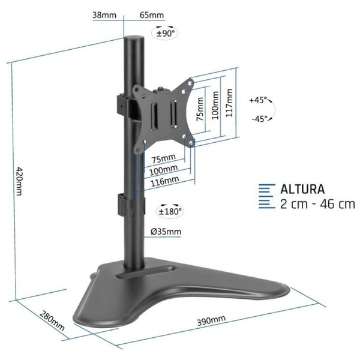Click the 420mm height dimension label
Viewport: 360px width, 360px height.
pyautogui.click(x=19, y=181)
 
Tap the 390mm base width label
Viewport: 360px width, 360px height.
pyautogui.click(x=211, y=320)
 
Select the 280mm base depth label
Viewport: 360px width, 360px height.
pyautogui.click(x=52, y=321)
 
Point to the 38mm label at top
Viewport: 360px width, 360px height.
pyautogui.click(x=104, y=15)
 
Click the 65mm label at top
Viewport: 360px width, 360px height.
pyautogui.click(x=152, y=15)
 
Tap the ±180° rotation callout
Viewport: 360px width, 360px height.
pyautogui.click(x=170, y=211)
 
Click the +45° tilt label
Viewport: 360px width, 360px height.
pyautogui.click(x=258, y=100)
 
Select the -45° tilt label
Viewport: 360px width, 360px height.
pyautogui.click(x=260, y=119)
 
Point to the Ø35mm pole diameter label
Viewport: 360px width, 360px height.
pyautogui.click(x=166, y=232)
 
